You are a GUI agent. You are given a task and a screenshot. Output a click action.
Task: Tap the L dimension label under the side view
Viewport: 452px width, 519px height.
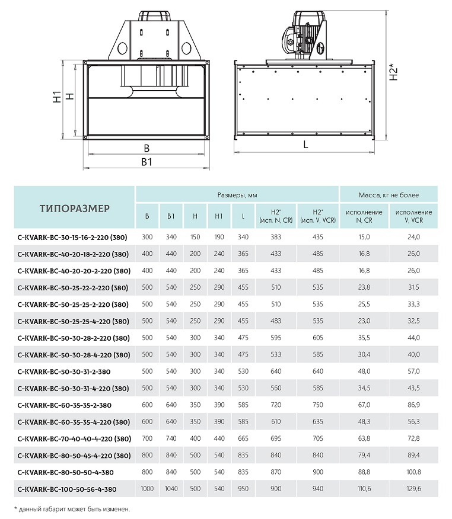click(x=305, y=144)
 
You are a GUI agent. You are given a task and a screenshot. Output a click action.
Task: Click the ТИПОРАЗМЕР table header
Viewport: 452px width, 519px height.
click(x=75, y=209)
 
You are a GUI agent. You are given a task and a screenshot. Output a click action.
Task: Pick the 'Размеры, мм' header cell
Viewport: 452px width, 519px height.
click(x=237, y=195)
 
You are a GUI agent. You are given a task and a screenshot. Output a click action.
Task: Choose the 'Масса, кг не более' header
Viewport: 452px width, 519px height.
click(x=389, y=195)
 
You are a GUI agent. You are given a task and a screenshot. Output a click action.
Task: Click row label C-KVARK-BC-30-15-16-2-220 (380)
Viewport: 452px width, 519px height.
click(x=74, y=237)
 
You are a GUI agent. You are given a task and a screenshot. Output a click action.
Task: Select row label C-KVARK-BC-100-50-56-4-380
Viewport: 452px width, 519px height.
click(x=67, y=489)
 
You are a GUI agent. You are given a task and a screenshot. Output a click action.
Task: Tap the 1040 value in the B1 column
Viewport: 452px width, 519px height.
click(x=171, y=489)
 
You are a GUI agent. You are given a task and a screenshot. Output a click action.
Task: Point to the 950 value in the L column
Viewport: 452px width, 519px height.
click(x=243, y=489)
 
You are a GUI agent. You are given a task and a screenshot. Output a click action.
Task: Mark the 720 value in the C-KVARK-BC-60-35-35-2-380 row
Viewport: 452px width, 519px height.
click(x=275, y=405)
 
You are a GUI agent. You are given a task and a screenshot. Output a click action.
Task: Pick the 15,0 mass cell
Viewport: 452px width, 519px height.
click(x=364, y=237)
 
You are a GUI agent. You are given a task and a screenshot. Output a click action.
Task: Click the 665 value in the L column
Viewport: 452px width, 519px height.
click(x=243, y=439)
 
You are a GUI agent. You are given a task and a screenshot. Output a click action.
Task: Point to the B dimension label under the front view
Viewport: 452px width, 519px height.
click(x=147, y=148)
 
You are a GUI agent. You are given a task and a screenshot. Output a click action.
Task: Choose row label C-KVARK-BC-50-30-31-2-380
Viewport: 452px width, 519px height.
click(x=64, y=371)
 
